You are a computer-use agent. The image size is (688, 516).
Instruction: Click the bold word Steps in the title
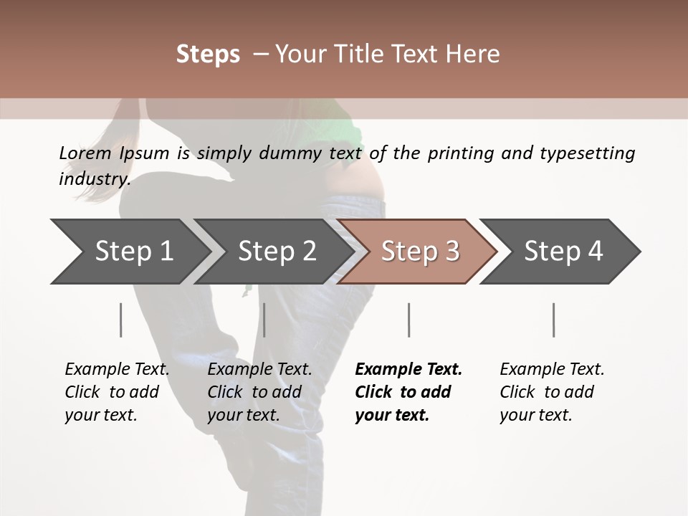[x=208, y=54]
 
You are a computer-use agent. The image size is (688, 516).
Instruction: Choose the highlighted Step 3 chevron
[x=420, y=252]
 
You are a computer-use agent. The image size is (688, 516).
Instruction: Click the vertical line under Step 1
[x=120, y=320]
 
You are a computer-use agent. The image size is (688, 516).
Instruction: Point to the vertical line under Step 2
[x=264, y=320]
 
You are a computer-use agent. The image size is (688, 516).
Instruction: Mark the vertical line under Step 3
[x=408, y=320]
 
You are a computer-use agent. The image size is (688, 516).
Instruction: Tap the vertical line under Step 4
[x=553, y=320]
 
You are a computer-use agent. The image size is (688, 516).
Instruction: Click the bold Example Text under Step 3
[x=408, y=370]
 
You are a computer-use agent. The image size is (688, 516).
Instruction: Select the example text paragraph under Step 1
[x=117, y=392]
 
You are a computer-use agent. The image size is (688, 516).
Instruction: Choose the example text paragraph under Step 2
[x=259, y=392]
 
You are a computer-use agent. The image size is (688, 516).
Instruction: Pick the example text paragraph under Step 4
[x=552, y=392]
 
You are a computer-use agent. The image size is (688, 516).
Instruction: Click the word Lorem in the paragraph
[x=85, y=153]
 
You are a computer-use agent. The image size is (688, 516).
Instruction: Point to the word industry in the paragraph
[x=94, y=179]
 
